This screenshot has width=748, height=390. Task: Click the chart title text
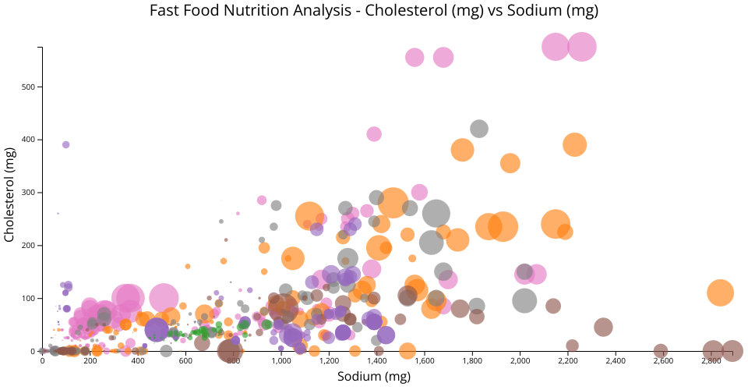pos(373,10)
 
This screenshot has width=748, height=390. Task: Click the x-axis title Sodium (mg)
pos(373,376)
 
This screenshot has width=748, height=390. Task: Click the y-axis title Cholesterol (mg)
pos(10,199)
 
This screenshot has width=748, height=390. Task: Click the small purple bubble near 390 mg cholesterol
pos(66,144)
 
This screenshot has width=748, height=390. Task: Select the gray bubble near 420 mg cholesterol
pos(479,129)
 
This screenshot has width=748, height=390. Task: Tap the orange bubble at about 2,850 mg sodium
pos(721,292)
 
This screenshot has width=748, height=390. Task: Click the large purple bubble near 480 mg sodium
pos(157,330)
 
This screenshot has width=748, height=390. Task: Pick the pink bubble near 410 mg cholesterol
pos(374,134)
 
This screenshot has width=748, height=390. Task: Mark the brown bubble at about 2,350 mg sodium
pos(603,327)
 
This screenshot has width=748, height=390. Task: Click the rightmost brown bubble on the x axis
pos(732,351)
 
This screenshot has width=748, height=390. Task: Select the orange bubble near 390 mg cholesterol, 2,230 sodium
pos(574,144)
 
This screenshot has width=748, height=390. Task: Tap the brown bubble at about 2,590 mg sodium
pos(661,351)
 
